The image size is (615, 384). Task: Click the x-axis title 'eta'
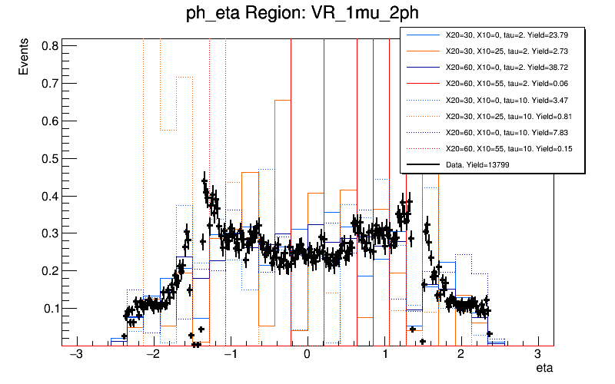click(544, 370)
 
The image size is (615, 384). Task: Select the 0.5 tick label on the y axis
click(49, 158)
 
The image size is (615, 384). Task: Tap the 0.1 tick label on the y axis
click(49, 309)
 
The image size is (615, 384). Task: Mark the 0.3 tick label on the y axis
click(49, 233)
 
